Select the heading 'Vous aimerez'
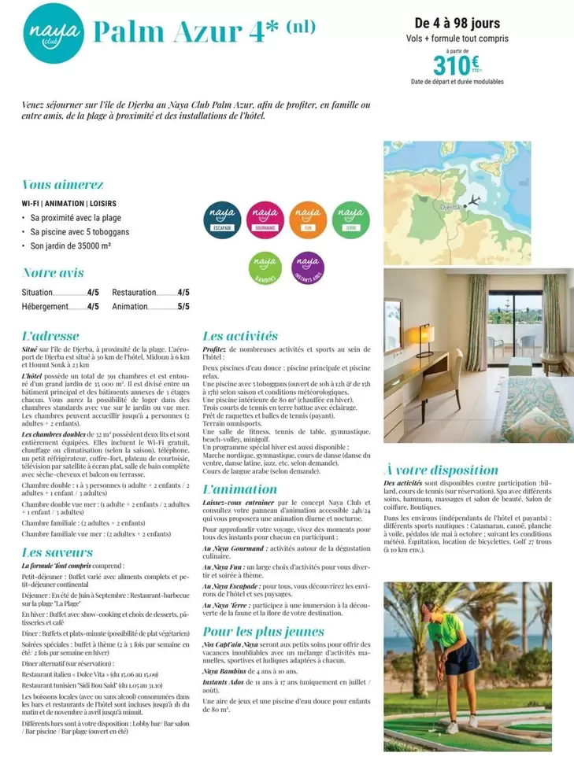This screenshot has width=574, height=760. [x=63, y=185]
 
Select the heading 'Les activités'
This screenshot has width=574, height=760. [x=240, y=336]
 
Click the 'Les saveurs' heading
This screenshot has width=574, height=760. [x=58, y=553]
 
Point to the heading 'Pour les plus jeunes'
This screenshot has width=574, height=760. [x=263, y=632]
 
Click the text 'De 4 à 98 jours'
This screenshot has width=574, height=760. [x=457, y=24]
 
